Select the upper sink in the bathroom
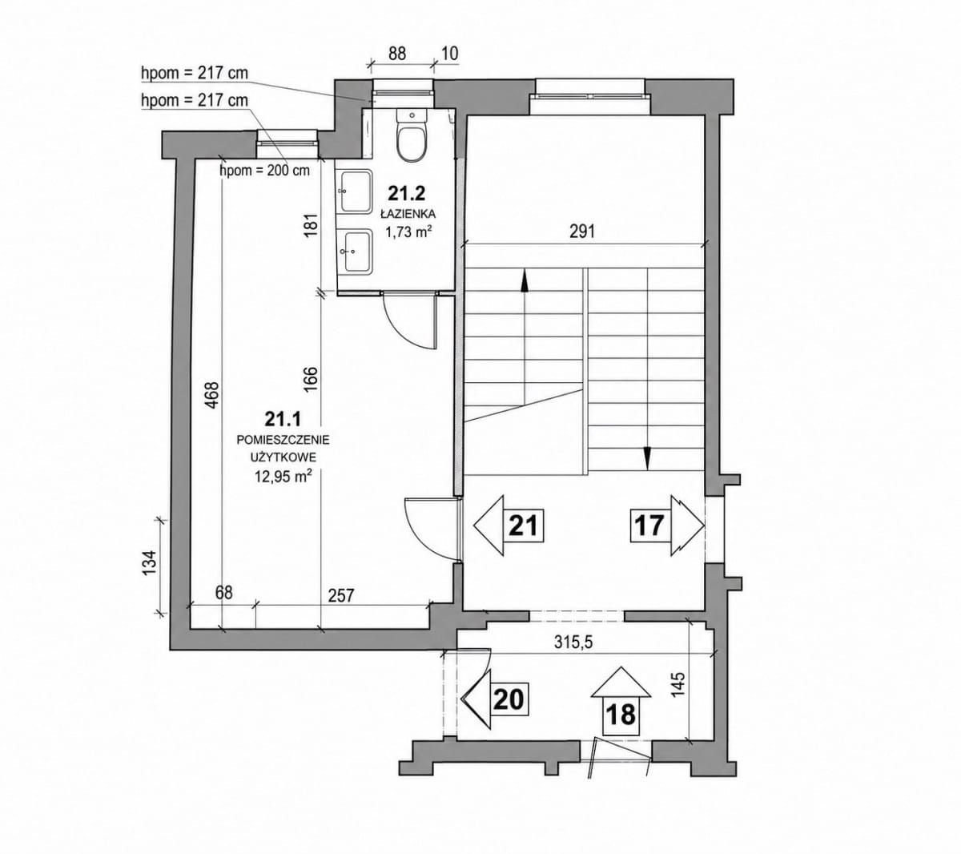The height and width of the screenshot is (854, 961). coord(356,191)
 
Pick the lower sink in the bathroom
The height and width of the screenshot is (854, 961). coord(356,251)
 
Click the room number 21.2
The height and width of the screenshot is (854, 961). coord(407,193)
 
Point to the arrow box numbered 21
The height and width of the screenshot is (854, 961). coord(508,526)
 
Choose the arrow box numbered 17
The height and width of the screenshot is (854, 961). coord(666,526)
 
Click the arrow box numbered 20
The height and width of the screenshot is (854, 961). coord(494,699)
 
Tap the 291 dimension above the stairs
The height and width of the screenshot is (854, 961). coord(582,232)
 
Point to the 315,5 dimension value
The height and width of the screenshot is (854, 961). coord(573,643)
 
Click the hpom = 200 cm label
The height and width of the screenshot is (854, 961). coord(265,170)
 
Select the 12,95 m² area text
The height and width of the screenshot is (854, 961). coord(283,476)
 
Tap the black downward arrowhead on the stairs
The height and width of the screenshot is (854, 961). coord(647,459)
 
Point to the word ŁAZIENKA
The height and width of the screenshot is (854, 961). coord(408,214)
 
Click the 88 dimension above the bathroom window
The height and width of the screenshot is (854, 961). coord(397,54)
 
